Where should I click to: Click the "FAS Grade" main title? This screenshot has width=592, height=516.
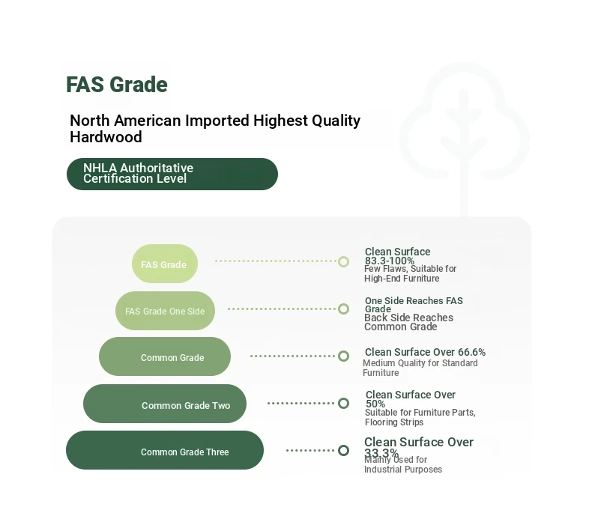[117, 84]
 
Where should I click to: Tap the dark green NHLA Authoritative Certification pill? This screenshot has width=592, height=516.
[172, 174]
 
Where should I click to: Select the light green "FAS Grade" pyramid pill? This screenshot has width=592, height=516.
[165, 264]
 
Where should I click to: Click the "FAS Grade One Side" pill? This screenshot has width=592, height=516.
[165, 311]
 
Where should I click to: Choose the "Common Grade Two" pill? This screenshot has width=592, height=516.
[165, 404]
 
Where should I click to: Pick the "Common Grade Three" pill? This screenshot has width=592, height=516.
[165, 450]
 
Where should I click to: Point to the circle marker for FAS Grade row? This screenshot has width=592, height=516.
[343, 261]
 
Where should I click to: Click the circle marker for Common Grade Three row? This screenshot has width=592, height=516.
[343, 450]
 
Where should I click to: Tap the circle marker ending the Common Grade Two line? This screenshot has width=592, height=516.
[343, 403]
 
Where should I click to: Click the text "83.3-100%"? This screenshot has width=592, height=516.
[389, 261]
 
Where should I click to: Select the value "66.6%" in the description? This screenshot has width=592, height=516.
[471, 352]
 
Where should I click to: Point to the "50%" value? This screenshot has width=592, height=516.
[375, 404]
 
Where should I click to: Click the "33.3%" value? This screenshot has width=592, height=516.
[381, 452]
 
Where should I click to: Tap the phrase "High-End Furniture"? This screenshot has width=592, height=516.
[402, 279]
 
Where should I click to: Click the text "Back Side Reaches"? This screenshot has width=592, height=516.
[408, 318]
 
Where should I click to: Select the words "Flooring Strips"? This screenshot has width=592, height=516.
[394, 422]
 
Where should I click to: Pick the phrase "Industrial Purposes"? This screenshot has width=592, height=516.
[403, 470]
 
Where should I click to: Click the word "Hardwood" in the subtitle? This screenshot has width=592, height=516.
[106, 137]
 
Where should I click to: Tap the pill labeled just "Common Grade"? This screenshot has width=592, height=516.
[165, 356]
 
